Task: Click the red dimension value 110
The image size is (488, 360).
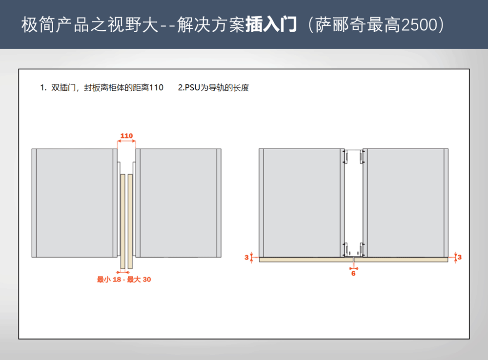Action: click(x=126, y=136)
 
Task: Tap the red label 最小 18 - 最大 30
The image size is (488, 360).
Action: click(x=124, y=280)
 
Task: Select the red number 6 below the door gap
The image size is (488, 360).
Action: click(x=353, y=273)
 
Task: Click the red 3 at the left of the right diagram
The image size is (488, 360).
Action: click(x=246, y=258)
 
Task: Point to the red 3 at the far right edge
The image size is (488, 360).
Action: click(x=459, y=258)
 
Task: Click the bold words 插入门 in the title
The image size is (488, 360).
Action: click(x=271, y=24)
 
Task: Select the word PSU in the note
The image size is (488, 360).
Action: click(x=192, y=88)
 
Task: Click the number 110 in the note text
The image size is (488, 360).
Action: click(x=156, y=88)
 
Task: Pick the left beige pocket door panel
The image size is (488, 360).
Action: click(x=122, y=221)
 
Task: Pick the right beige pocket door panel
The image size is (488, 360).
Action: click(x=130, y=221)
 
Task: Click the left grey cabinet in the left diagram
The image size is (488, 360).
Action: click(x=75, y=203)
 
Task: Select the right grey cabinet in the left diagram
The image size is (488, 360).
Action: click(x=178, y=203)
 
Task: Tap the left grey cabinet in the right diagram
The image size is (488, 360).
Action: click(x=302, y=203)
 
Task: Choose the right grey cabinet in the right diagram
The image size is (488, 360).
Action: click(x=406, y=203)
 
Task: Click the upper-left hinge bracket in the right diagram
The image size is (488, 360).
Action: click(x=345, y=157)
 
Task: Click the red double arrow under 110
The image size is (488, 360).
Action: click(x=126, y=141)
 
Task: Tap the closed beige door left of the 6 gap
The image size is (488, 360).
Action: click(x=306, y=260)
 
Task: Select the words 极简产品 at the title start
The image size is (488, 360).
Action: click(x=56, y=24)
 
